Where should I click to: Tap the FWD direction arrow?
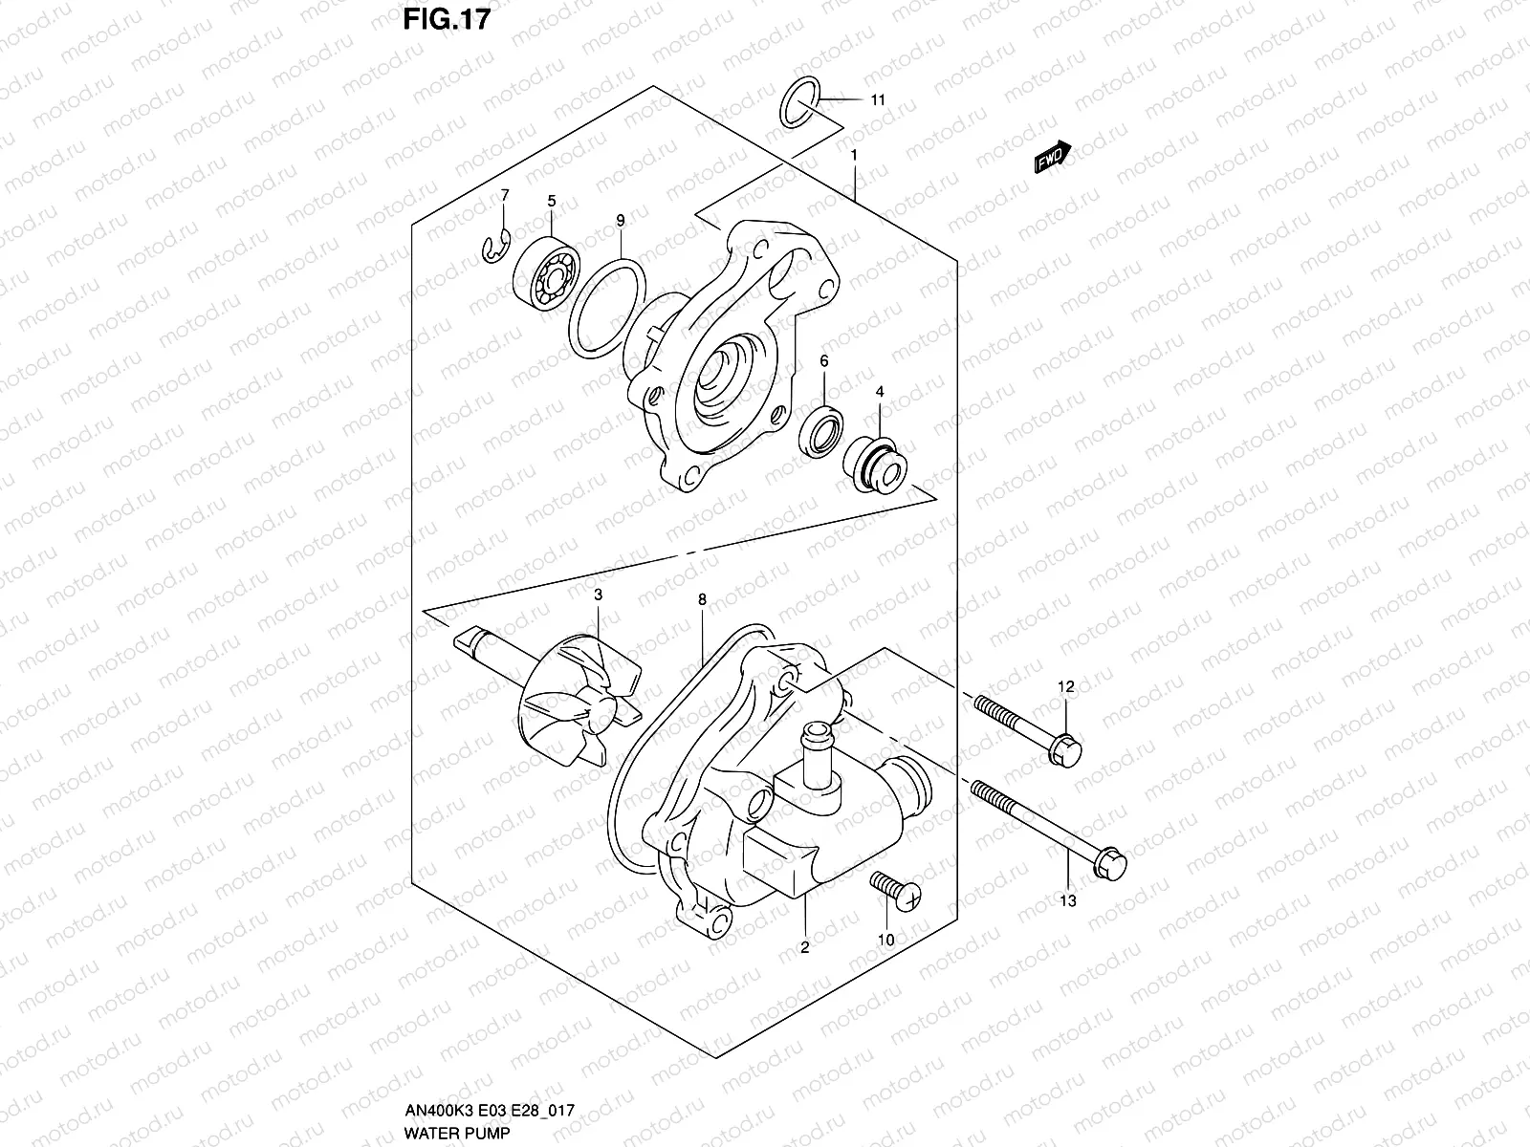click(x=1053, y=157)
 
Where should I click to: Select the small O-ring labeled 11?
click(x=798, y=102)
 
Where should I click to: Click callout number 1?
click(x=853, y=155)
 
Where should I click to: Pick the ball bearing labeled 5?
click(x=545, y=271)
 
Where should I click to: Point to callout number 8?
click(x=702, y=600)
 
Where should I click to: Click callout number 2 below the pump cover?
click(x=804, y=947)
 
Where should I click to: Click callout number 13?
click(x=1068, y=900)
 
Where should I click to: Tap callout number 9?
click(x=620, y=221)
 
